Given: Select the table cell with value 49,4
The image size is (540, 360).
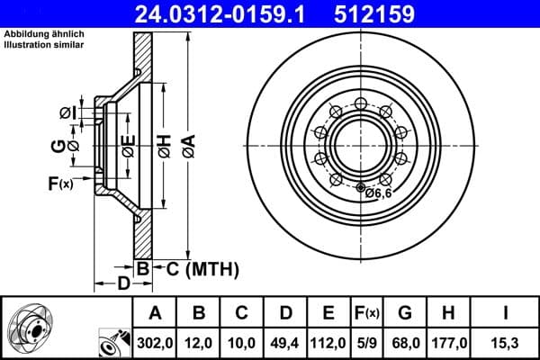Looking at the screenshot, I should point(286,343).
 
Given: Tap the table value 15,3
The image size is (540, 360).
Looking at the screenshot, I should point(506,343).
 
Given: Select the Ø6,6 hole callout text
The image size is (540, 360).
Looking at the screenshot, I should point(379,191).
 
